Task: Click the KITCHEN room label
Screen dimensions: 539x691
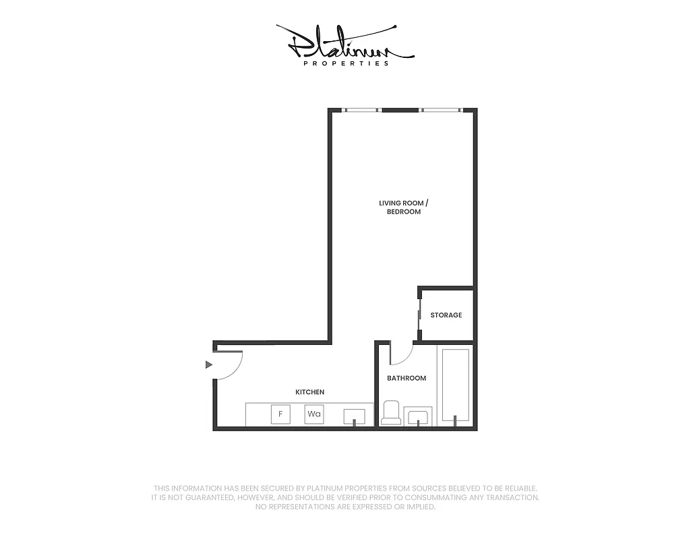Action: pyautogui.click(x=310, y=392)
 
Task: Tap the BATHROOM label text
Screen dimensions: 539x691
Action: pyautogui.click(x=407, y=378)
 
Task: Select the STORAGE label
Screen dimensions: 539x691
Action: pyautogui.click(x=446, y=315)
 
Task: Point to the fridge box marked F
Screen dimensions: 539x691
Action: pyautogui.click(x=280, y=414)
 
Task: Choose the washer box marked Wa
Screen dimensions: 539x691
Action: pyautogui.click(x=313, y=414)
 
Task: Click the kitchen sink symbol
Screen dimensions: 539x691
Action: pyautogui.click(x=354, y=416)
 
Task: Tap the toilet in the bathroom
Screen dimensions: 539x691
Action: pyautogui.click(x=391, y=413)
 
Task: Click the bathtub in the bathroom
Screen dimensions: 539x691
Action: pyautogui.click(x=456, y=387)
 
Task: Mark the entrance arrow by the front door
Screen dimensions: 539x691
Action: pyautogui.click(x=209, y=364)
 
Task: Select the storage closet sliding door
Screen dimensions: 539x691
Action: pyautogui.click(x=419, y=316)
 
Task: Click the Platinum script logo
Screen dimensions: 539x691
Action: pyautogui.click(x=344, y=42)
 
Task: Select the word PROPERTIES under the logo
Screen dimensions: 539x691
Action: pyautogui.click(x=346, y=63)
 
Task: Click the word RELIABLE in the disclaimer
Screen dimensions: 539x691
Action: pyautogui.click(x=516, y=488)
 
